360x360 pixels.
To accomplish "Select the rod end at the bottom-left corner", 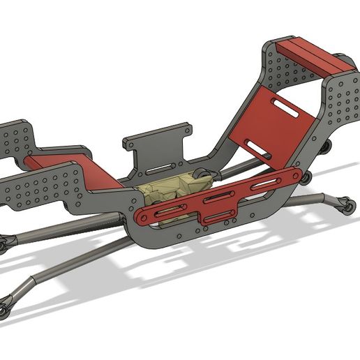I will coord(5,305).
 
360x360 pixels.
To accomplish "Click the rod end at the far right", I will coord(345,207).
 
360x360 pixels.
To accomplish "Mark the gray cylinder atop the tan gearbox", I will coord(200,175).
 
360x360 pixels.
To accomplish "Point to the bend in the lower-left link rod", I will coord(32,283).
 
